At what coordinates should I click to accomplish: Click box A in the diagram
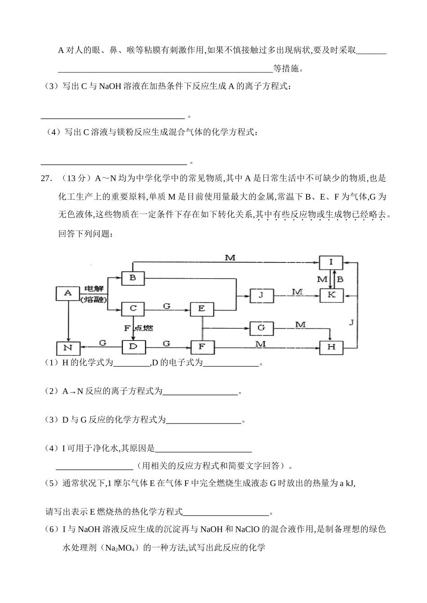coord(68,293)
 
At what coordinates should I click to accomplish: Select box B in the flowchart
coord(133,278)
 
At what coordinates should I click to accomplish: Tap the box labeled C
coord(133,309)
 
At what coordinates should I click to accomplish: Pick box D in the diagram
coord(133,347)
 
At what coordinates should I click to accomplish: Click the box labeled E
coord(202,309)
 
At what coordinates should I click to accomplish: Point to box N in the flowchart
coord(68,348)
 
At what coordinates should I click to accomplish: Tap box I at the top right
coord(331,262)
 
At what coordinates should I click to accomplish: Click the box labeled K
coord(331,295)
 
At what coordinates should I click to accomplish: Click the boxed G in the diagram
coord(261,328)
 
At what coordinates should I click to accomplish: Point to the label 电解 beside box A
coord(93,289)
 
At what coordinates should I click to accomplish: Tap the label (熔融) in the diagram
coord(93,299)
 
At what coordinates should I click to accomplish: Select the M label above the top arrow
coord(230,258)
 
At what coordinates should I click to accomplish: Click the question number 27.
coord(46,179)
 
